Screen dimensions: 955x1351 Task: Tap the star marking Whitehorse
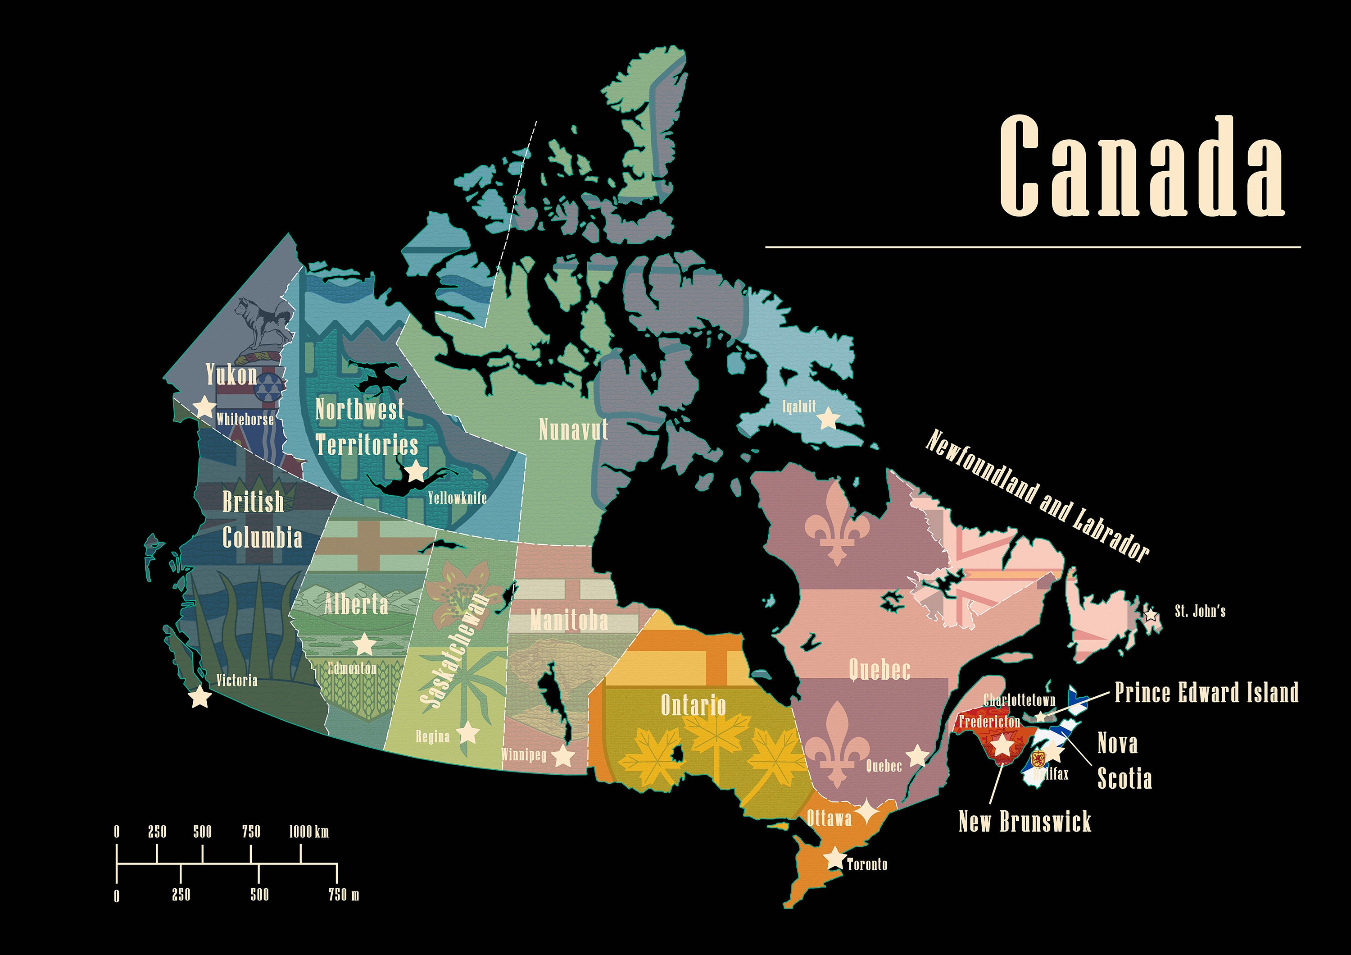(x=204, y=406)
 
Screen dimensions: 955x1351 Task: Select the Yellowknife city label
(x=457, y=498)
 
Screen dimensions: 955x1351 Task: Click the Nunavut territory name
(x=573, y=430)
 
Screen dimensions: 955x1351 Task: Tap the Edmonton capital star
(x=364, y=644)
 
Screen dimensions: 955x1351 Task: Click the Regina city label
(x=432, y=736)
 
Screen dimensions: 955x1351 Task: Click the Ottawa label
(x=829, y=818)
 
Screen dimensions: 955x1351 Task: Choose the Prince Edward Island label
(x=1206, y=692)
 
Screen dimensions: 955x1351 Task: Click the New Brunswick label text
(x=1025, y=821)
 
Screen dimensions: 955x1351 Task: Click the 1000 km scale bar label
(x=308, y=832)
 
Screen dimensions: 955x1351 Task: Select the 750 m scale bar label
(x=344, y=895)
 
